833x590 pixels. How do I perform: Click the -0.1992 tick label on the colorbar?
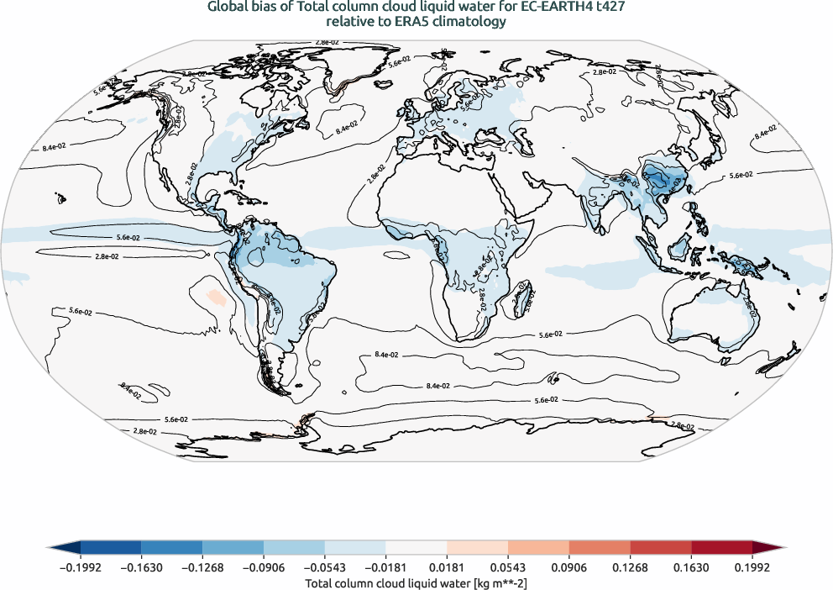(x=81, y=566)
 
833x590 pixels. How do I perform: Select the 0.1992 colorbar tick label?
(x=753, y=566)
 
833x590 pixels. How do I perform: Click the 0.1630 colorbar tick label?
(x=692, y=566)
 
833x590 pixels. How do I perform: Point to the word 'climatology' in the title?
(x=474, y=23)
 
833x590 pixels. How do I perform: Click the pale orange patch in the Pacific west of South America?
(x=215, y=297)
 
